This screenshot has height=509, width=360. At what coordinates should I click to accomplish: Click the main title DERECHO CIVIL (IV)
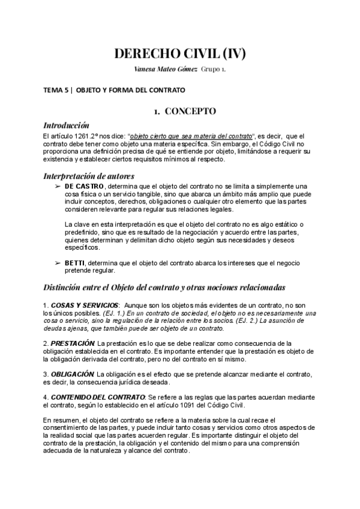180,54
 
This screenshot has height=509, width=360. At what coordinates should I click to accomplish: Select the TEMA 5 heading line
114,90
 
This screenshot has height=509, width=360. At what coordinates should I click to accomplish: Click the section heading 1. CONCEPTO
181,112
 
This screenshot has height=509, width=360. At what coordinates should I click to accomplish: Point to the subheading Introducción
67,125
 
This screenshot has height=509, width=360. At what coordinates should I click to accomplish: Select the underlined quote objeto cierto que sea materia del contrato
191,136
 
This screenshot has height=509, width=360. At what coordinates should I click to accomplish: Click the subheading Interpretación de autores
89,176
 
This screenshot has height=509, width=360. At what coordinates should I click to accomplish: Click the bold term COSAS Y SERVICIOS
85,306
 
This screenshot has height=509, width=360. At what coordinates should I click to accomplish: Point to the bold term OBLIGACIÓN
73,373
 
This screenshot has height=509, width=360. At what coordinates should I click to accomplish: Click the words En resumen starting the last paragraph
61,419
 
